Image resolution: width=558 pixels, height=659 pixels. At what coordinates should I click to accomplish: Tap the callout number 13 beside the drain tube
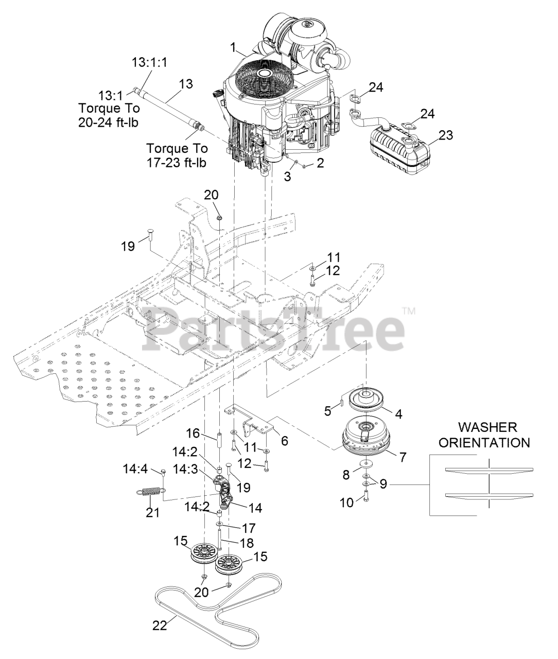[186, 83]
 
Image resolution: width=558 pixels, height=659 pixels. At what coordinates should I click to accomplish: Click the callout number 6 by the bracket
[284, 441]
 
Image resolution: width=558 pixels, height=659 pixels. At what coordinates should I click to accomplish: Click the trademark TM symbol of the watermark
[408, 311]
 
